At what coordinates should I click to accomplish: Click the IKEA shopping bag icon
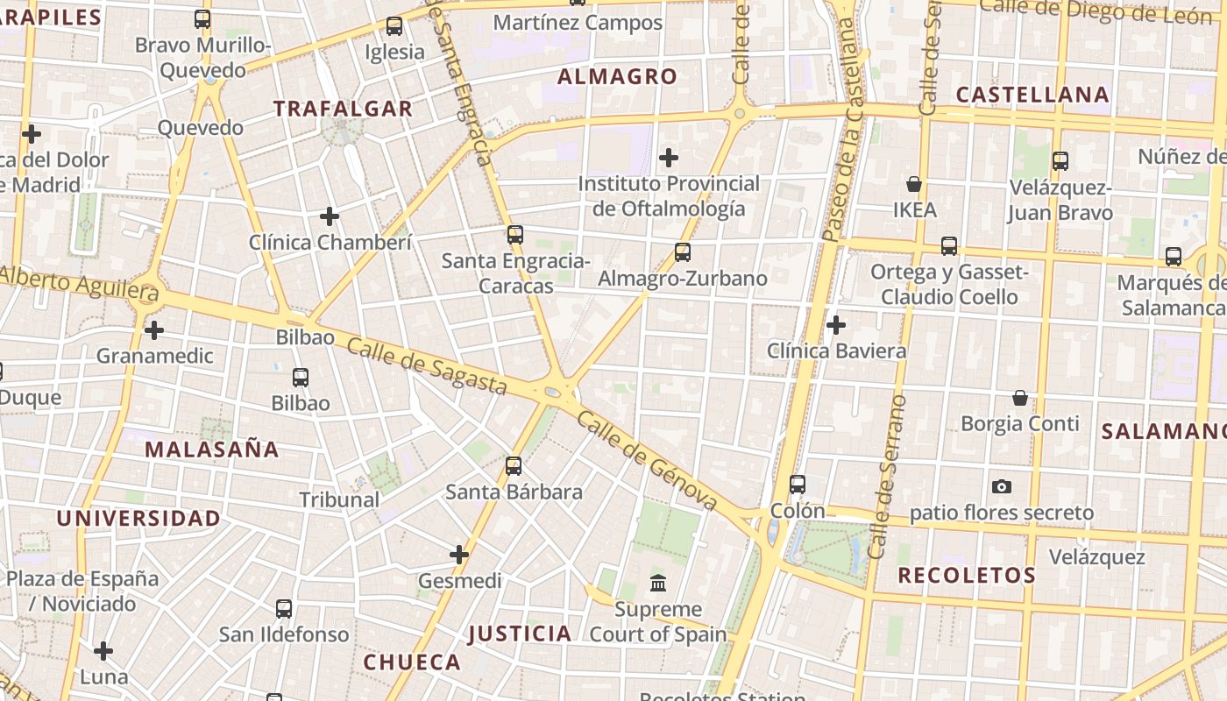pos(914,185)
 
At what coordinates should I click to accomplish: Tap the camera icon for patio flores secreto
pos(1002,486)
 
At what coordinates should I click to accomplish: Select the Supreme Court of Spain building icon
pos(657,583)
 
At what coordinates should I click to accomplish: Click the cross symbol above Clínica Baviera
pos(836,325)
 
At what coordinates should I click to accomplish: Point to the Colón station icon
pos(798,484)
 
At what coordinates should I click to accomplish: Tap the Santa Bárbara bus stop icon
pos(514,465)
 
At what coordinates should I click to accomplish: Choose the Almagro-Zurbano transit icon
pos(683,252)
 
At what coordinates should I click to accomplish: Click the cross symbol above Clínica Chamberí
pos(330,216)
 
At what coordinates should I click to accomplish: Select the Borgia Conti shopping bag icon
pos(1020,398)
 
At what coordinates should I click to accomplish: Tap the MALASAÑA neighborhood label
pos(211,450)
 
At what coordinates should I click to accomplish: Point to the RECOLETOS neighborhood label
pos(967,576)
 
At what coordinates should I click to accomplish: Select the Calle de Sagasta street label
pos(427,366)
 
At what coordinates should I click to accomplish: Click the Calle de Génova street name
pos(648,462)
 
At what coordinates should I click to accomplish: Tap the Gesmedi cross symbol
pos(459,555)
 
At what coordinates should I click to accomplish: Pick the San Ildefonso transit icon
pos(284,608)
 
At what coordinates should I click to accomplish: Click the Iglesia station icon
pos(394,26)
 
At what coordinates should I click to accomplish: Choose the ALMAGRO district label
pos(617,77)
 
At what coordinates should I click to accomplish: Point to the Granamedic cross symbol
pos(154,330)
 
